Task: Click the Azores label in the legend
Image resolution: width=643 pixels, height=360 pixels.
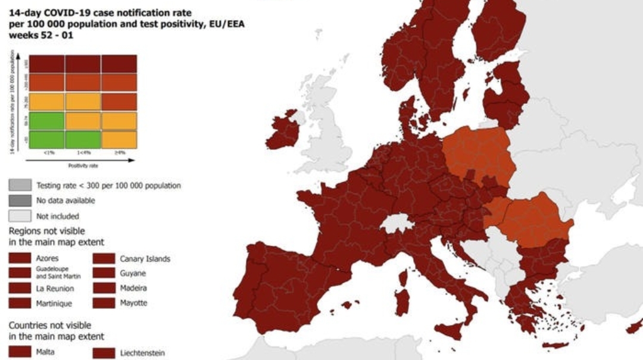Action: pos(48,259)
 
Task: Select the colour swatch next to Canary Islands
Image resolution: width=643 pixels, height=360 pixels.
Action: pos(104,259)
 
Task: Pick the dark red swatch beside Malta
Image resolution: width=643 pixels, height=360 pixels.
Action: pos(20,352)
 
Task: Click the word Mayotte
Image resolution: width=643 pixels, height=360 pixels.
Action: pos(133,303)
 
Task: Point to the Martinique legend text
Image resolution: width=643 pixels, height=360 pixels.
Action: pos(55,303)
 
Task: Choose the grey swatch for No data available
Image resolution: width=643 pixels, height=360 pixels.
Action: pos(20,201)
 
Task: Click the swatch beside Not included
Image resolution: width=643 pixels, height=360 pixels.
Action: pos(20,216)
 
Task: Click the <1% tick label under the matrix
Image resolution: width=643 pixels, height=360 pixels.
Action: pos(48,153)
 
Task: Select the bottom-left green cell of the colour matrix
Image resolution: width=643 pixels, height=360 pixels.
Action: pos(47,140)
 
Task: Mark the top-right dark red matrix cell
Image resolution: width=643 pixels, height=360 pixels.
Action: pos(119,64)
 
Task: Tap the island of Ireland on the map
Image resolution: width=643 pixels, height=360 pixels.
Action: pos(282,130)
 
